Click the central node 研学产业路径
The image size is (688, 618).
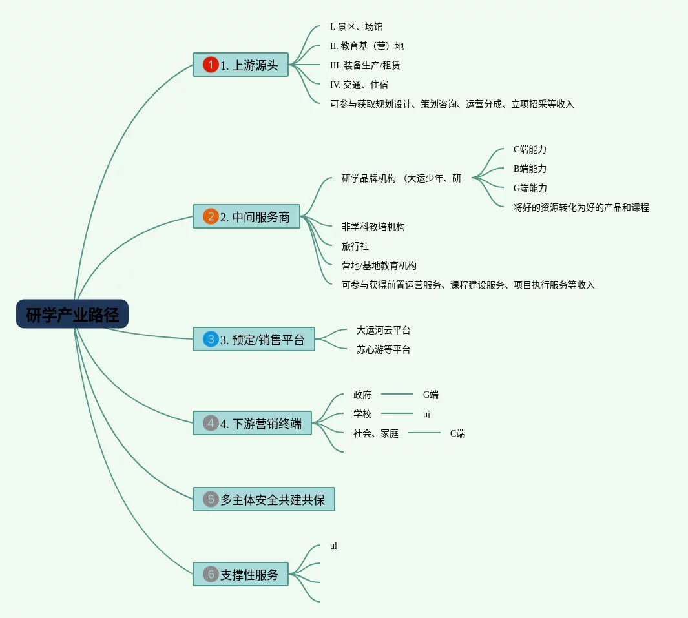72,314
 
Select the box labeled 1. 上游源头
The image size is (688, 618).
240,65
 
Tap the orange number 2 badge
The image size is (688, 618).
211,216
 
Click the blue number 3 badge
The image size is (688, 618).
211,339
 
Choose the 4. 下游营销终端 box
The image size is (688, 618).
252,423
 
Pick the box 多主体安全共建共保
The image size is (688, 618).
264,499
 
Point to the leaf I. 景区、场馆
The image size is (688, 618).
356,26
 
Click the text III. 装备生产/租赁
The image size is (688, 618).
365,65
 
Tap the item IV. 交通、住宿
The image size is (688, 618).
359,85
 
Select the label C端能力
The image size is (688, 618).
530,149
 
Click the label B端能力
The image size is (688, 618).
530,169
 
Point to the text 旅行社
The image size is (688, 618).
355,246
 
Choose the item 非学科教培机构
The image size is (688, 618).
373,227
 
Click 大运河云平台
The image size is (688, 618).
383,330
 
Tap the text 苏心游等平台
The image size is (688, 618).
383,349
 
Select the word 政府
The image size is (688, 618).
362,395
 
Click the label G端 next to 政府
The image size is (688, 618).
430,395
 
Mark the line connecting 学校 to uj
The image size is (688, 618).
397,413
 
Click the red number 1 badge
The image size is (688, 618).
211,65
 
